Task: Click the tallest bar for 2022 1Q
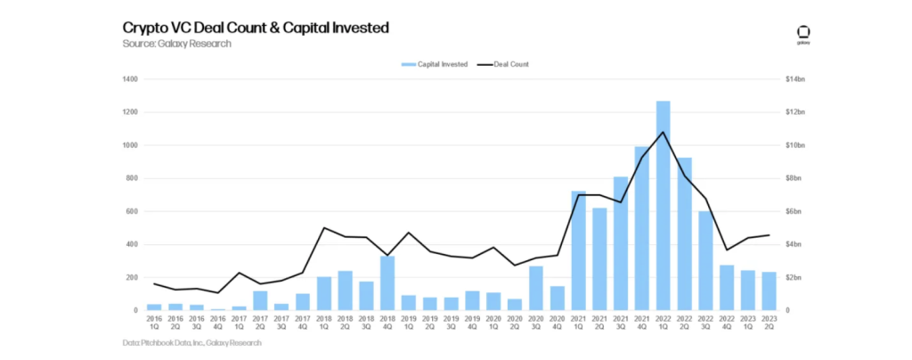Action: click(x=663, y=206)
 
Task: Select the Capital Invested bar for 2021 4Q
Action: click(x=642, y=228)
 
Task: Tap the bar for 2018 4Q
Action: click(x=387, y=283)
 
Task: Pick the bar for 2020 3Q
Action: click(x=536, y=288)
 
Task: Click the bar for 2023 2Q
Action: click(x=769, y=291)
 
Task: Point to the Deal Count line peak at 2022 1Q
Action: click(x=663, y=132)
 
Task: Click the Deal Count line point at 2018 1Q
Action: click(x=323, y=228)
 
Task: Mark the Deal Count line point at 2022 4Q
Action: click(x=727, y=250)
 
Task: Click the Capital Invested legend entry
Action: click(x=436, y=64)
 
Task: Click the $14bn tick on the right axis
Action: click(x=794, y=79)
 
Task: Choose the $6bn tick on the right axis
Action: click(x=793, y=211)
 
